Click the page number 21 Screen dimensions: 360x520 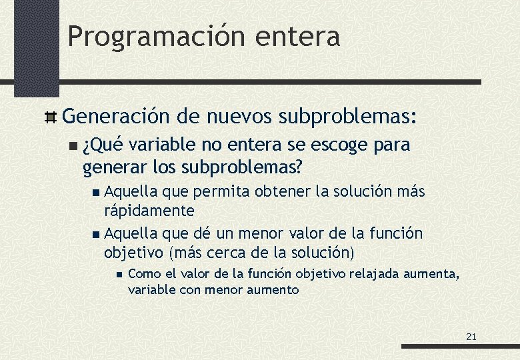pyautogui.click(x=471, y=337)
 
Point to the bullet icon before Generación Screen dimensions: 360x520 pyautogui.click(x=50, y=119)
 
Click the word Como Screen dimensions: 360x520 pyautogui.click(x=143, y=273)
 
